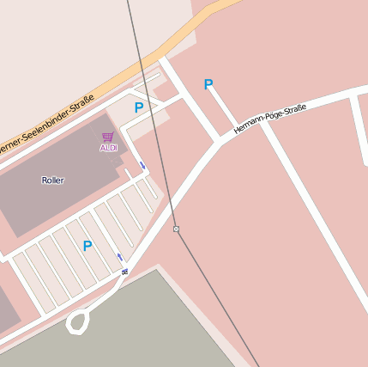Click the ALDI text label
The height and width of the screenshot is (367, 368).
pyautogui.click(x=108, y=148)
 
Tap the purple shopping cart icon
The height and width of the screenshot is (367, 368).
pyautogui.click(x=107, y=137)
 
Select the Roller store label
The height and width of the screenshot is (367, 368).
pyautogui.click(x=53, y=180)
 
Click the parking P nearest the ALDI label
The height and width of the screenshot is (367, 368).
pyautogui.click(x=139, y=108)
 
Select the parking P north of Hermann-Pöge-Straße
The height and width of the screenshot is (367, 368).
pyautogui.click(x=208, y=84)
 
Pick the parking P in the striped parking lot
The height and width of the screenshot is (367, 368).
pyautogui.click(x=87, y=246)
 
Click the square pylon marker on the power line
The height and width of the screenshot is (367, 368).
pyautogui.click(x=176, y=229)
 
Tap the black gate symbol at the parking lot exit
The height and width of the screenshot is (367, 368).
pyautogui.click(x=125, y=272)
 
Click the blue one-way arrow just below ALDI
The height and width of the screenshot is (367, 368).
pyautogui.click(x=142, y=165)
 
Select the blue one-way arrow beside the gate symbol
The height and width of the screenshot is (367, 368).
pyautogui.click(x=119, y=257)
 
